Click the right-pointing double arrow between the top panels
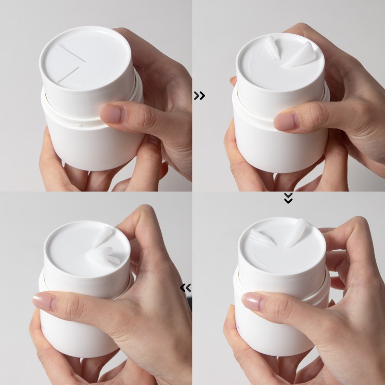[x=199, y=96]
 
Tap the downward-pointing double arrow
[x=288, y=198]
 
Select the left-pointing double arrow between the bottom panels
[x=185, y=288]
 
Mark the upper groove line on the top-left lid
[x=72, y=52]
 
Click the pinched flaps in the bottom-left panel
[x=103, y=248]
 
